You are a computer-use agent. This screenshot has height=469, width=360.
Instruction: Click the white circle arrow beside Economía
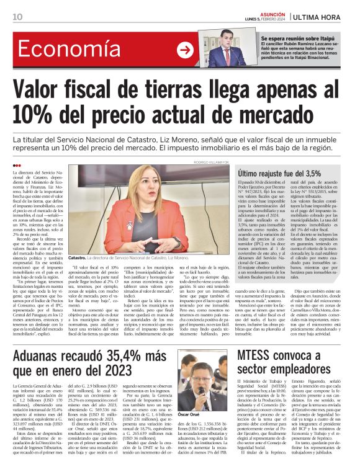[184, 50]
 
